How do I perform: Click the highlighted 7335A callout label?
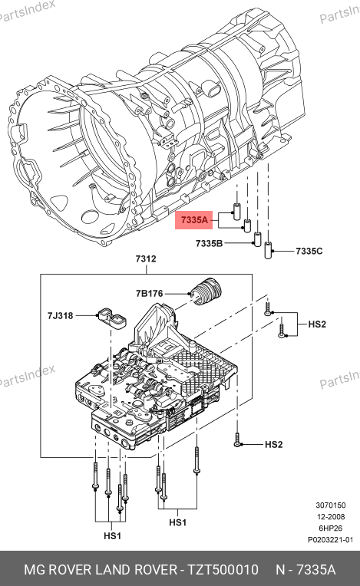[194, 220]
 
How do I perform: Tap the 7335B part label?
[209, 244]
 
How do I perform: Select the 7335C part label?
[309, 251]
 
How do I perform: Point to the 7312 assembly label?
[146, 258]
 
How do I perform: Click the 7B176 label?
[150, 293]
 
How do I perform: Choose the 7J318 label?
[60, 316]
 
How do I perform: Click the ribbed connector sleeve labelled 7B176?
[206, 292]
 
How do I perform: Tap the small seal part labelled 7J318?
[111, 319]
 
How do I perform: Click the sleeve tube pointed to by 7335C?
[268, 250]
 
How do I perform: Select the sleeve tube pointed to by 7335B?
[258, 239]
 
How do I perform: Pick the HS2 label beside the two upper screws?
[317, 324]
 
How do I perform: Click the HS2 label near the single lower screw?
[273, 444]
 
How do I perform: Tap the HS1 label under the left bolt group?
[113, 536]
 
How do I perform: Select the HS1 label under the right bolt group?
[177, 522]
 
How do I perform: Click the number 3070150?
[331, 505]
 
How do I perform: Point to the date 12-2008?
[331, 517]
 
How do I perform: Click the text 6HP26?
[331, 528]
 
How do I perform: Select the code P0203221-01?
[331, 540]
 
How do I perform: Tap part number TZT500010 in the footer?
[223, 570]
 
